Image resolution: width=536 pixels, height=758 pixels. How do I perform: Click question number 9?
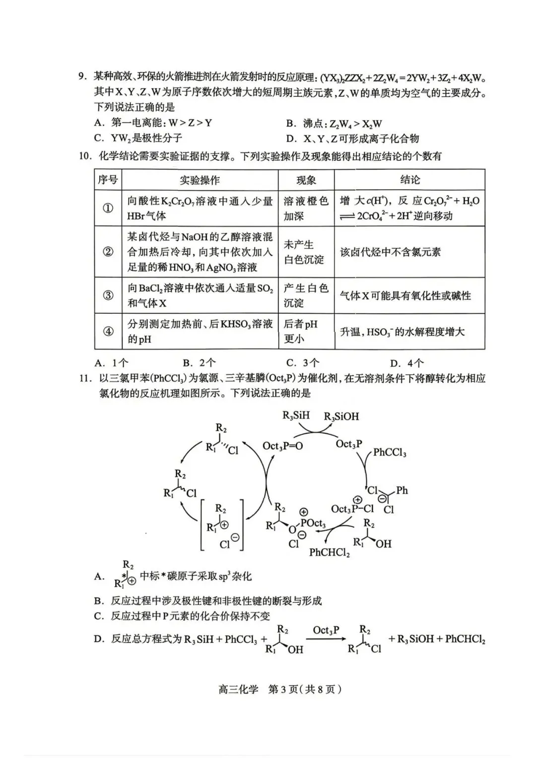click(x=82, y=77)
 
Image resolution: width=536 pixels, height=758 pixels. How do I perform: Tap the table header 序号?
click(x=108, y=180)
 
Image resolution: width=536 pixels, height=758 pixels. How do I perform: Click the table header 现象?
click(x=306, y=180)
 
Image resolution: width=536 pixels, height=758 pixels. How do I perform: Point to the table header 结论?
click(x=409, y=180)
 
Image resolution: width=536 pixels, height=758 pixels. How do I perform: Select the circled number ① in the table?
click(x=108, y=208)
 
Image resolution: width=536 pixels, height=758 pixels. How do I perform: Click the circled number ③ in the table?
click(x=108, y=295)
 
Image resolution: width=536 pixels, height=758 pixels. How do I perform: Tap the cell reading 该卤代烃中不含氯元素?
click(x=390, y=252)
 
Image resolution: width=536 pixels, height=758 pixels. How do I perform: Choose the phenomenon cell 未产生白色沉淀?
click(x=303, y=252)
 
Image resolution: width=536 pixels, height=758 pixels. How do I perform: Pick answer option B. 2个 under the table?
click(x=199, y=363)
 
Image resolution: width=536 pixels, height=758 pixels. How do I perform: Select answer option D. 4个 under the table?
click(x=407, y=363)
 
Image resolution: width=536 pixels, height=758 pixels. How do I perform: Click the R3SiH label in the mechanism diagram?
click(x=296, y=415)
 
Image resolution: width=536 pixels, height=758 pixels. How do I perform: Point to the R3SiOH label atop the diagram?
click(x=341, y=416)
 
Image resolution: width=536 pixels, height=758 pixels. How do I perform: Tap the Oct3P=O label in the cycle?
click(x=282, y=446)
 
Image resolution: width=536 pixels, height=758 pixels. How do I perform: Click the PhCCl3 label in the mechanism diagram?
click(x=390, y=452)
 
